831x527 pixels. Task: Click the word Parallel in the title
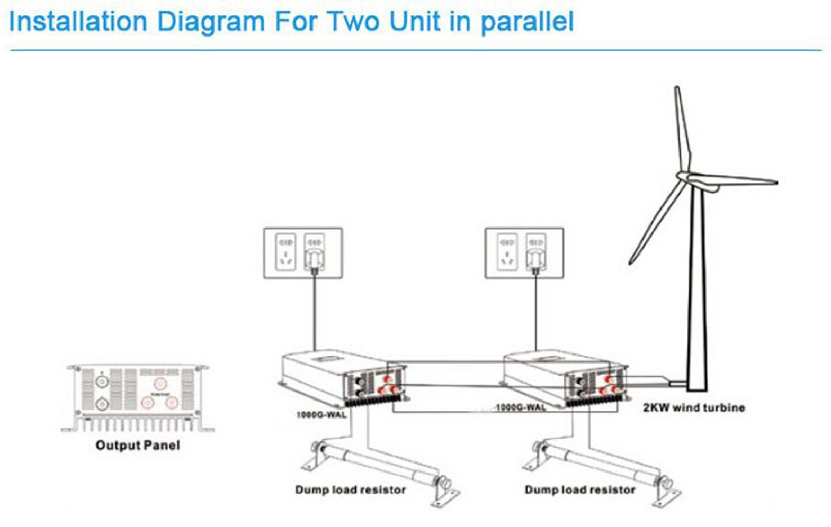pyautogui.click(x=526, y=22)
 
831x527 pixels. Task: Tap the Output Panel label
pyautogui.click(x=137, y=445)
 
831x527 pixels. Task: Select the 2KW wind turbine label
pyautogui.click(x=693, y=407)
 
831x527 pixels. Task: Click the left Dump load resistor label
pyautogui.click(x=350, y=489)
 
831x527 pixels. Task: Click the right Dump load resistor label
pyautogui.click(x=579, y=489)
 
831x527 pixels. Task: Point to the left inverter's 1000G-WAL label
pyautogui.click(x=321, y=414)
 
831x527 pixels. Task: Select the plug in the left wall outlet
pyautogui.click(x=314, y=259)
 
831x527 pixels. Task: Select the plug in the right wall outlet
pyautogui.click(x=535, y=259)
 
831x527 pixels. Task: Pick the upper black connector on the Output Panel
pyautogui.click(x=102, y=381)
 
